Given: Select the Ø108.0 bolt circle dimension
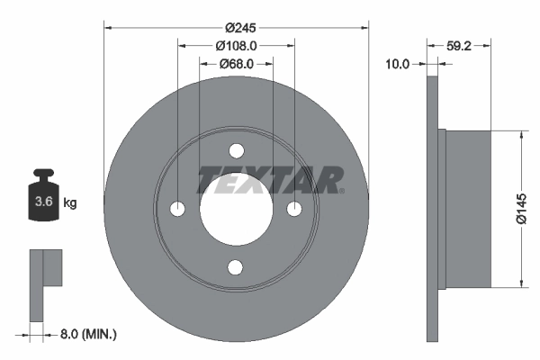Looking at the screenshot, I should (237, 46).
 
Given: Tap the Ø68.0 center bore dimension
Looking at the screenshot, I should (237, 64).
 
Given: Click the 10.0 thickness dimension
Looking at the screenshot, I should (397, 64).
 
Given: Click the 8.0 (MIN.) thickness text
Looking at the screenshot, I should (86, 334).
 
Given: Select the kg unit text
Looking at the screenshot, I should (70, 203).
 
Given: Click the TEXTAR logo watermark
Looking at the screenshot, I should (270, 180).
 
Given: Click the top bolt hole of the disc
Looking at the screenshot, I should (237, 150).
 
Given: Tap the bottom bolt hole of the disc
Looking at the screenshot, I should (237, 267).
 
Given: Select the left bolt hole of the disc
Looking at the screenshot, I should (178, 209).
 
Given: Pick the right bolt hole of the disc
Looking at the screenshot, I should (295, 209).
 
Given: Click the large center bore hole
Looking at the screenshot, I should (237, 209).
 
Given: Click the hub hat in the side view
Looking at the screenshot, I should (468, 209).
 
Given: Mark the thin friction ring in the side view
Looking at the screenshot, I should (431, 209).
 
